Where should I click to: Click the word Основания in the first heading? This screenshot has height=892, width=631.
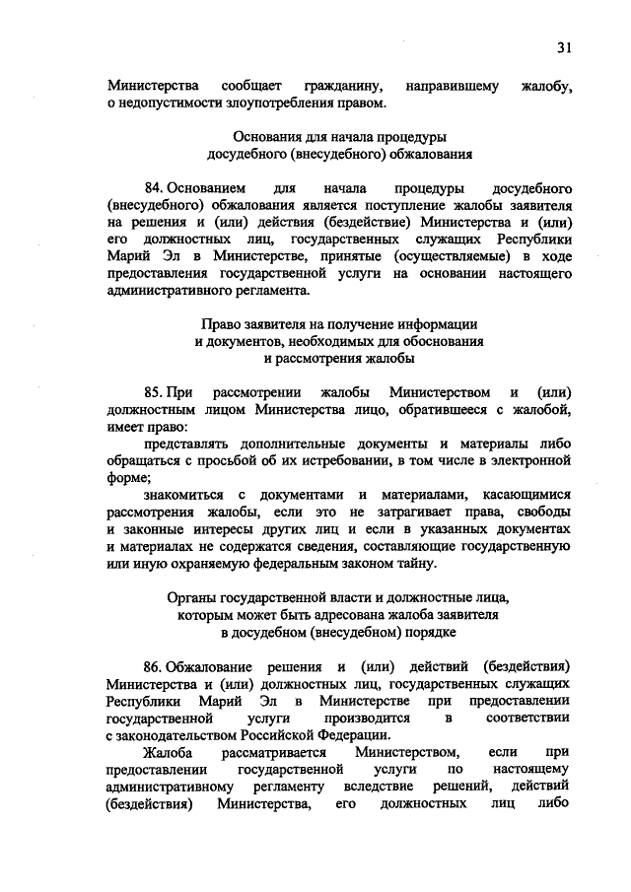[263, 136]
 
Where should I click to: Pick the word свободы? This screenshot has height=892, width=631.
[538, 511]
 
